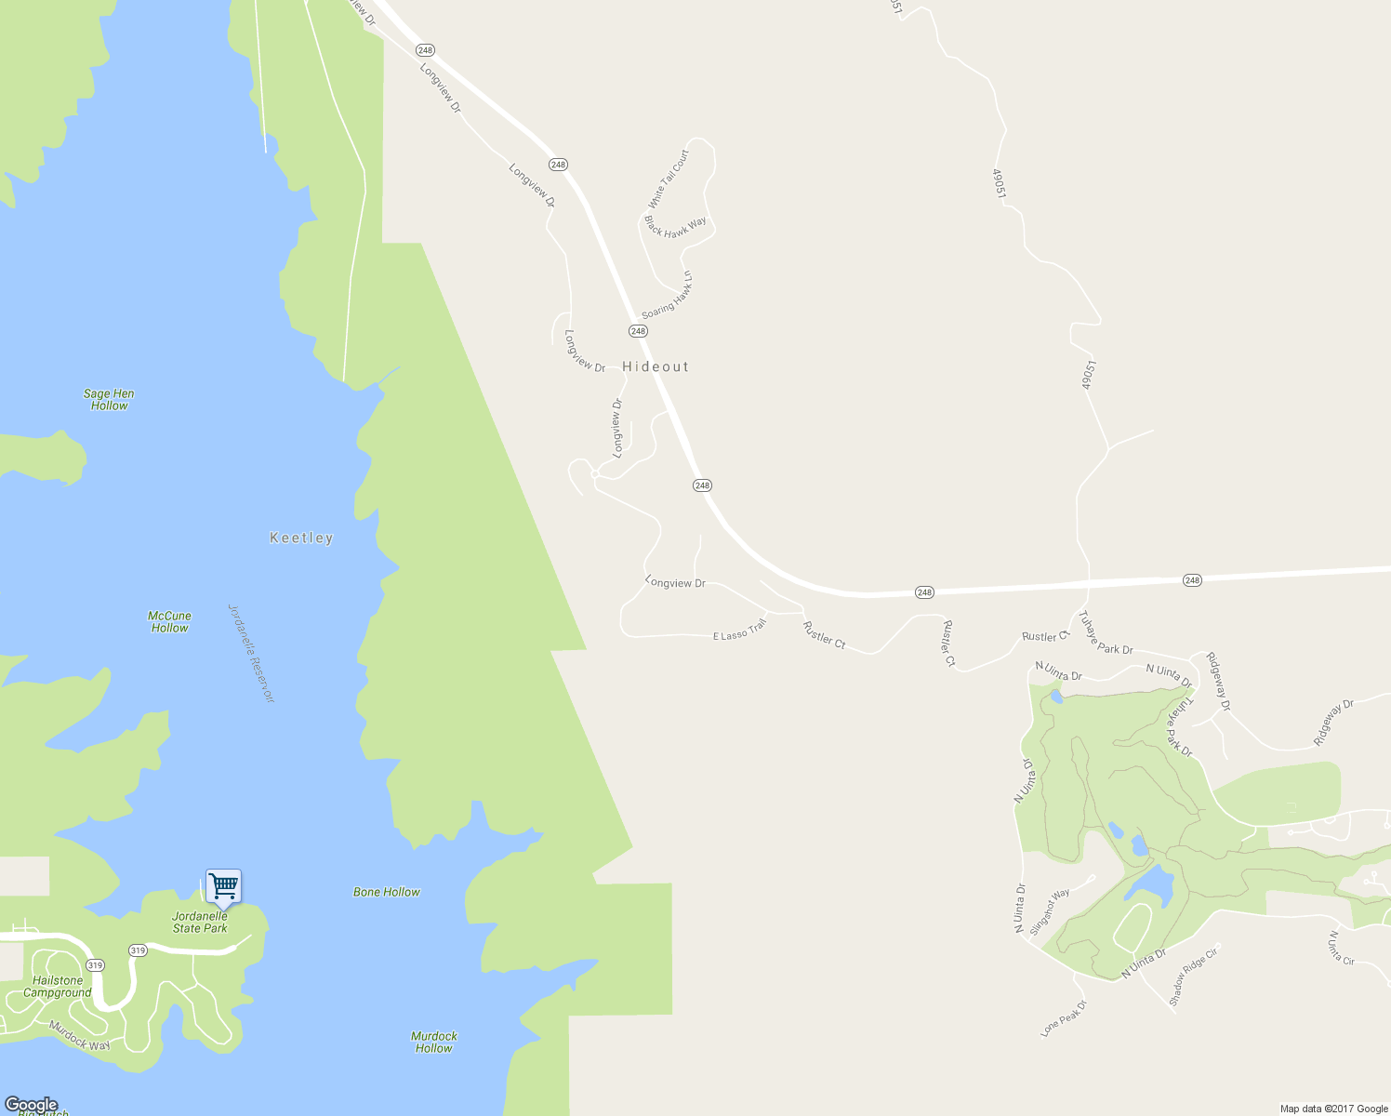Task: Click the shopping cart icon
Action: click(223, 887)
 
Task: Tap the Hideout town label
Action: click(656, 366)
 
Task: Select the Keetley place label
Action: click(301, 538)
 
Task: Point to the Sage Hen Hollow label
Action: click(109, 400)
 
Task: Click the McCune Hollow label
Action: click(170, 622)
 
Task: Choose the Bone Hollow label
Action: click(387, 892)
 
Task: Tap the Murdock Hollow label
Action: click(434, 1042)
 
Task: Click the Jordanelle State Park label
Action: click(200, 923)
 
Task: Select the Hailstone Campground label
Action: click(58, 987)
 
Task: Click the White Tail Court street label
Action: click(669, 179)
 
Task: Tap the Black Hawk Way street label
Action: click(675, 227)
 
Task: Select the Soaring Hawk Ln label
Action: click(668, 297)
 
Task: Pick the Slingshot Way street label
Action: click(1050, 911)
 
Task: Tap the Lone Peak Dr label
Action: click(1064, 1018)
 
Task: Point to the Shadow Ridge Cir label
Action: click(1193, 976)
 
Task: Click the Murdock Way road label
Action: click(80, 1036)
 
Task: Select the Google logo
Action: click(32, 1105)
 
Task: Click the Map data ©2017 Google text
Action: click(1333, 1109)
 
